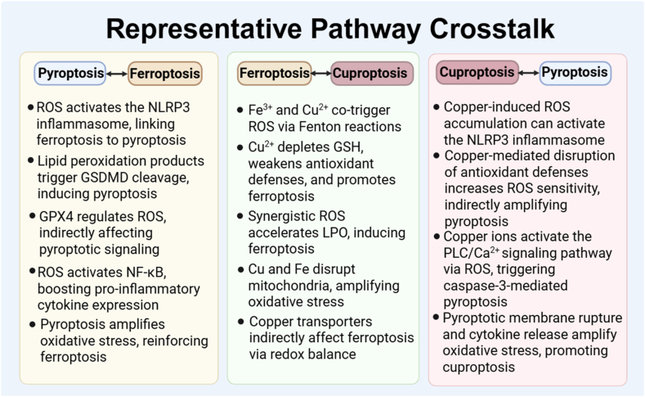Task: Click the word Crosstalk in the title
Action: tap(492, 29)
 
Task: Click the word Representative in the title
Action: tap(204, 29)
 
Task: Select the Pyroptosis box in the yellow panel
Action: tap(70, 74)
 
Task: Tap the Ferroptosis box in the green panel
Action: tap(275, 74)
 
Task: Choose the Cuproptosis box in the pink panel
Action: tap(477, 72)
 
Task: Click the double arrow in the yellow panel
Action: tap(117, 74)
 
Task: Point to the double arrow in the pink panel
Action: tap(529, 73)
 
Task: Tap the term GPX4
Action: tap(56, 217)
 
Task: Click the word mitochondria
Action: tap(282, 286)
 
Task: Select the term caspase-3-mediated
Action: tap(505, 286)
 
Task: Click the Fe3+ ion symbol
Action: tap(261, 110)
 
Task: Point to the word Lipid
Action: tap(52, 161)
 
